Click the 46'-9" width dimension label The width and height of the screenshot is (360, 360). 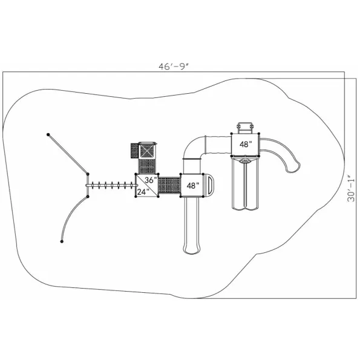174,67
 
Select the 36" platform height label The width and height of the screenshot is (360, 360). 151,180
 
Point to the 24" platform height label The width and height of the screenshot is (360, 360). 143,192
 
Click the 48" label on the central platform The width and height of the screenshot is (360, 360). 193,186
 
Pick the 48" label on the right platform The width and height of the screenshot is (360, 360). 246,144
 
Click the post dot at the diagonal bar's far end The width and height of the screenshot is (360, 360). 48,134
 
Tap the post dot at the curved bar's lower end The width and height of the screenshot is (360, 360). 62,241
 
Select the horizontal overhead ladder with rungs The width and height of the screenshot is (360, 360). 111,185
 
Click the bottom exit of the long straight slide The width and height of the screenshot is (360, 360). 192,250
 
